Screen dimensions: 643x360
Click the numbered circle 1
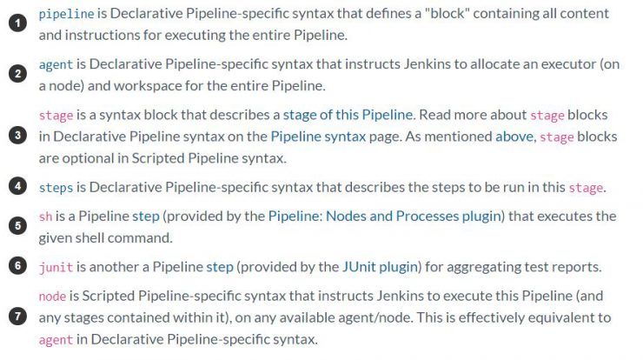tap(17, 23)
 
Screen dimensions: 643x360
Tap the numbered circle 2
tap(17, 74)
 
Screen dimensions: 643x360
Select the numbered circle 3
tap(17, 136)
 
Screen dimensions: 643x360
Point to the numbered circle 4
tap(17, 186)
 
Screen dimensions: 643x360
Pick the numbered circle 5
tap(17, 226)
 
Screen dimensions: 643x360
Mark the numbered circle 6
tap(17, 266)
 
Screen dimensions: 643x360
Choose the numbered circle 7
tap(17, 317)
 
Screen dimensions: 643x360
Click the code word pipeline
tap(66, 14)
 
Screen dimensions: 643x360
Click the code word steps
tap(56, 188)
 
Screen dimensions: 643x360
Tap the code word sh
tap(45, 217)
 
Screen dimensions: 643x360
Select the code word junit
tap(56, 267)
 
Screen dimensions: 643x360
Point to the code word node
tap(52, 296)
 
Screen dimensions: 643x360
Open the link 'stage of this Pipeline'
tap(348, 115)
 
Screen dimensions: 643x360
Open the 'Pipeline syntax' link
tap(318, 137)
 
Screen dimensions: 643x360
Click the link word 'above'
tap(514, 137)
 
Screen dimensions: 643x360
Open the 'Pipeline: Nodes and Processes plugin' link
tap(385, 217)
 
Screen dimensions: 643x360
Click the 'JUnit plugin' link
tap(380, 267)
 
